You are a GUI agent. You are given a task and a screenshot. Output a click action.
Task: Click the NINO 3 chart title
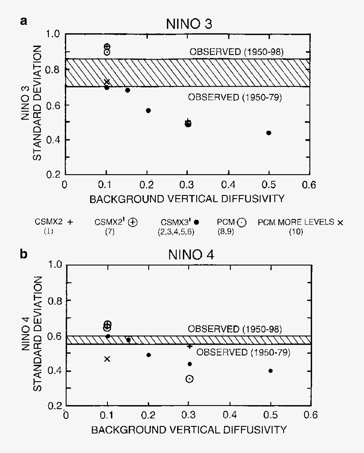point(183,24)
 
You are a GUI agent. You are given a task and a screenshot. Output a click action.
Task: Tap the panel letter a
point(24,21)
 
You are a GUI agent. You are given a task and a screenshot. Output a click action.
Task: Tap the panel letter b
point(24,254)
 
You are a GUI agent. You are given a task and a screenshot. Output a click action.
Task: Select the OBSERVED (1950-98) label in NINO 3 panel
point(237,52)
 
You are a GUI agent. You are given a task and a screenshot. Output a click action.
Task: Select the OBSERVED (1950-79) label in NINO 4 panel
point(243,352)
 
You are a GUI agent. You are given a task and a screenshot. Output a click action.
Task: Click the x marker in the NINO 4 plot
point(107,359)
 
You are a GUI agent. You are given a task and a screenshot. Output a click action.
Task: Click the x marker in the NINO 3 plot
point(107,82)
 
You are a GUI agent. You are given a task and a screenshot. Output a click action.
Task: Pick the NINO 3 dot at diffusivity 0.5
point(269,133)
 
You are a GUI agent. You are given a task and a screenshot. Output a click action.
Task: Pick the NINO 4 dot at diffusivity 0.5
point(270,371)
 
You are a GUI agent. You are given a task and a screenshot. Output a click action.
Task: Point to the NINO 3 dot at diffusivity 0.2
point(148,110)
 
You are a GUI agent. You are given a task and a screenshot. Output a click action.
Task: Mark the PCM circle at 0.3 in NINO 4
point(190,379)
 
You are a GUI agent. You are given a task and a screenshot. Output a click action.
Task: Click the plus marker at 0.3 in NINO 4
point(190,346)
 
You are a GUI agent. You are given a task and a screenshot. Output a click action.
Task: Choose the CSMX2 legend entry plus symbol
point(69,223)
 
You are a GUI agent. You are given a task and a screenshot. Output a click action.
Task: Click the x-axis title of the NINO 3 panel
point(187,199)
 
